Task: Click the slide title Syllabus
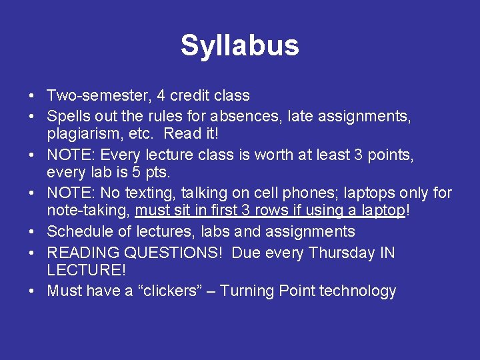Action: (239, 46)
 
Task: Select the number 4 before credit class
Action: (162, 96)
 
